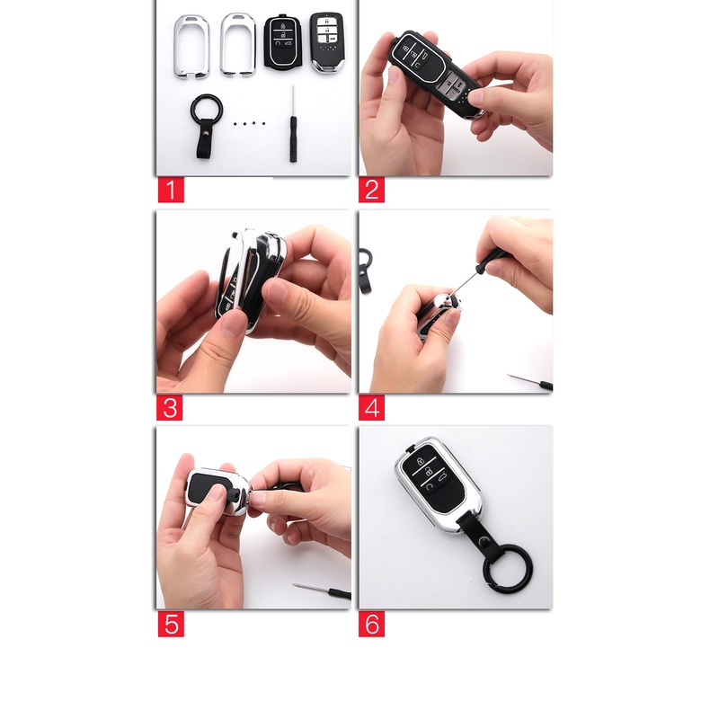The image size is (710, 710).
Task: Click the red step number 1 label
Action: pos(170,190)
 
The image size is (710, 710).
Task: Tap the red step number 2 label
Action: pos(372,190)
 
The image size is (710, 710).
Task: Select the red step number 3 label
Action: pos(170,407)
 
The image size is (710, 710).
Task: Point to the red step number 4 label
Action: pos(372,407)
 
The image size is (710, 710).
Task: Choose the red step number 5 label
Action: pos(170,624)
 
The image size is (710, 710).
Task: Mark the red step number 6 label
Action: pos(372,624)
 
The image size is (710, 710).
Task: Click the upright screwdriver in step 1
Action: pos(294,126)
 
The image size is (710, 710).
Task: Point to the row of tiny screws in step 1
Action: pos(249,120)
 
